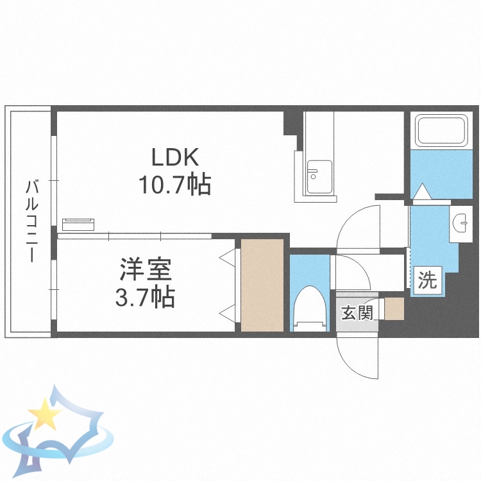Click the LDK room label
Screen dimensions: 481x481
(176, 156)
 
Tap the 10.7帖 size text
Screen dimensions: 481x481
(176, 185)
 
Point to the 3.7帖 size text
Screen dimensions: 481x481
(147, 297)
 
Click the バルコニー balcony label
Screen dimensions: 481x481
(31, 222)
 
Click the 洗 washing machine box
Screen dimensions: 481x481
(427, 280)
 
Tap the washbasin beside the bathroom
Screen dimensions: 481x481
(461, 223)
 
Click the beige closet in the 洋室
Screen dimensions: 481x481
(262, 285)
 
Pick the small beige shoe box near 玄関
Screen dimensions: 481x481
(394, 308)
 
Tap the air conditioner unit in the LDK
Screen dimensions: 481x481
(78, 224)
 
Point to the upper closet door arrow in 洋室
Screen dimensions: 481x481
(228, 258)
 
